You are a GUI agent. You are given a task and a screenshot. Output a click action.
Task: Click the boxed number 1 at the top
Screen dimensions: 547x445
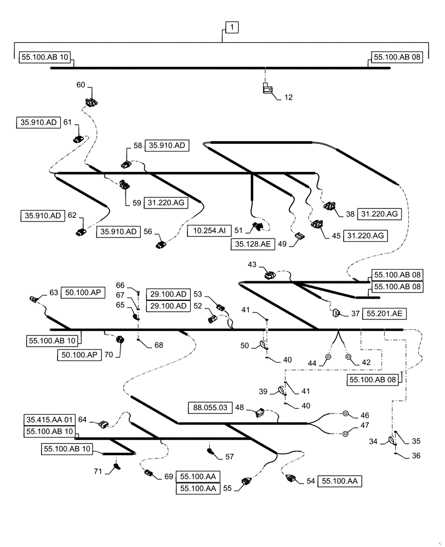click(x=232, y=27)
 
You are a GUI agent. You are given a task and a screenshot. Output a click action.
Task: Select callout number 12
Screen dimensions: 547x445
click(x=288, y=97)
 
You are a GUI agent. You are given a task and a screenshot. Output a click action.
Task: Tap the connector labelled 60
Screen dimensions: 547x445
click(x=91, y=102)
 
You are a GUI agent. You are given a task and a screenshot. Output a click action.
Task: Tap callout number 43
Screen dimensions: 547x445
click(x=252, y=265)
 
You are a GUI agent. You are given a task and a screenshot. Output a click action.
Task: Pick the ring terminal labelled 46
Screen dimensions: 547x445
click(x=346, y=415)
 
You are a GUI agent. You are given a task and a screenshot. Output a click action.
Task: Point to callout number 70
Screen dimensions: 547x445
click(x=108, y=354)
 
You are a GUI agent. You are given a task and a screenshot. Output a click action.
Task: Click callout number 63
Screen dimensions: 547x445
click(x=53, y=293)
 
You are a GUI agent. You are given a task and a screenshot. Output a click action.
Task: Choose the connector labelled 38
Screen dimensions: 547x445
click(x=329, y=207)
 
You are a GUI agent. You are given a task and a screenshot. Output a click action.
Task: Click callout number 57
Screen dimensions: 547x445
click(x=229, y=456)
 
